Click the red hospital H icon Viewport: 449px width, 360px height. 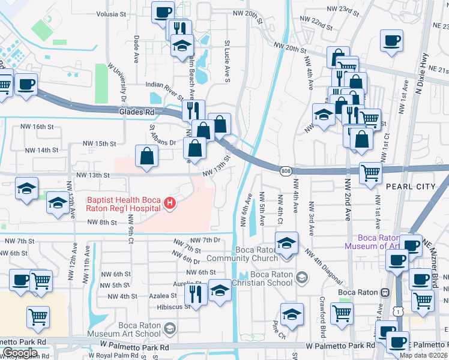[x=170, y=204]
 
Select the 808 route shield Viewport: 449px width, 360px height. [x=286, y=172]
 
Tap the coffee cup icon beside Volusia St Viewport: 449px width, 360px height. [x=163, y=11]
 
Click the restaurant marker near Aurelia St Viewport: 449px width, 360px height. [x=196, y=292]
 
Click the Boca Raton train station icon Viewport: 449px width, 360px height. [x=384, y=292]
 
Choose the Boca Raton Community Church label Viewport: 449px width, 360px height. [x=240, y=254]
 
